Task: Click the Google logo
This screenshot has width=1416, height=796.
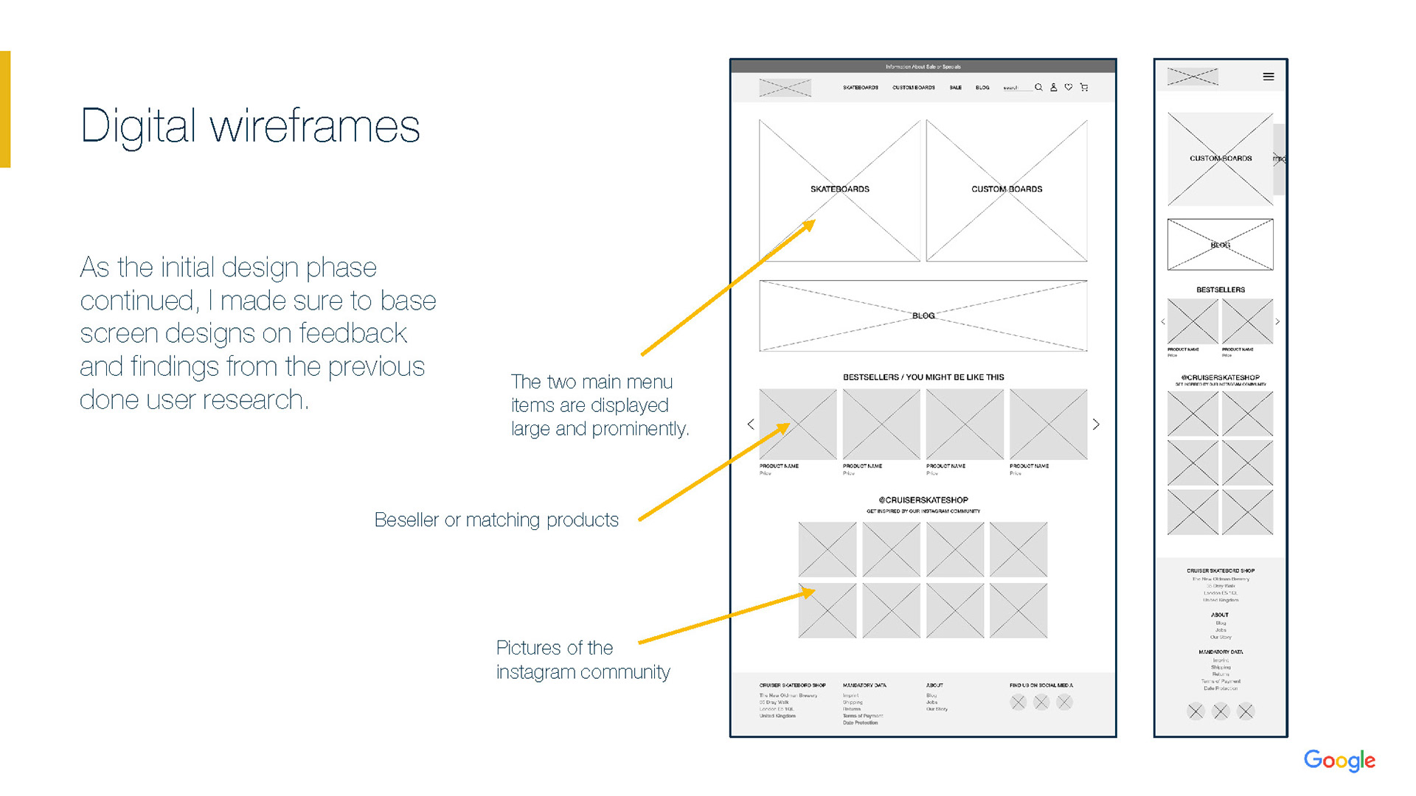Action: coord(1339,761)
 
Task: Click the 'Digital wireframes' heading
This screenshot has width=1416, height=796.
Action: coord(250,125)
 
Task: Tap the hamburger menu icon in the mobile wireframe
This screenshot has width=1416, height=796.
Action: coord(1268,77)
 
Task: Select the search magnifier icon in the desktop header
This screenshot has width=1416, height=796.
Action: coord(1038,88)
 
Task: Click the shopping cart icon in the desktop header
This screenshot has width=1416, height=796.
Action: coord(1084,88)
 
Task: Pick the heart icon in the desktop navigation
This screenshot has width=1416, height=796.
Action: coord(1068,88)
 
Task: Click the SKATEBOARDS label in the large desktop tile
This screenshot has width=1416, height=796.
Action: coord(839,189)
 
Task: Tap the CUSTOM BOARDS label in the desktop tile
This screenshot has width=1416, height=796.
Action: coord(1006,189)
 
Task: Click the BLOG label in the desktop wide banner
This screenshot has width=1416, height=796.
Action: coord(923,315)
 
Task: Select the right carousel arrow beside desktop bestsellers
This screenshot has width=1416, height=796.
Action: coord(1096,425)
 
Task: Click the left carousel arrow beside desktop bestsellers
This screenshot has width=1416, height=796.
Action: coord(751,425)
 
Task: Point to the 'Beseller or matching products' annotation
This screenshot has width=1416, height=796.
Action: coord(496,520)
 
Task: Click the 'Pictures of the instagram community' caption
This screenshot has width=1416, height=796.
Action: coord(583,660)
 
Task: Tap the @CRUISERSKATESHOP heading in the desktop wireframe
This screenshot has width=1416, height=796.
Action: coord(923,500)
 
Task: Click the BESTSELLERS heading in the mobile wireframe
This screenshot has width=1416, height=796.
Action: coord(1220,290)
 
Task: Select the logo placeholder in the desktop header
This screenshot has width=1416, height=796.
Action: coord(785,88)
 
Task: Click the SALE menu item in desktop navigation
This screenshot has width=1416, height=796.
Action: coord(955,88)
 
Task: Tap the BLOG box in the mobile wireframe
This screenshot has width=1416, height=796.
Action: coord(1220,245)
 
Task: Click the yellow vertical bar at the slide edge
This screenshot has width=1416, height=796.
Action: coord(5,109)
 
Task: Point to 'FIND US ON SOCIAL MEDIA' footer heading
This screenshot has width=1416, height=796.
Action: coord(1041,685)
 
